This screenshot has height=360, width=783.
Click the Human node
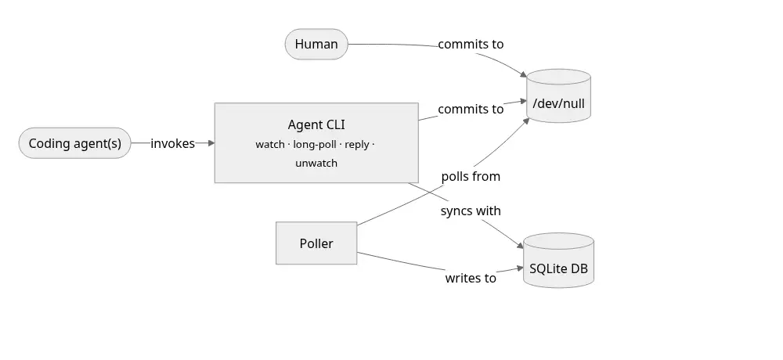316,44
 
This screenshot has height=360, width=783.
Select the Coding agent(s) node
75,143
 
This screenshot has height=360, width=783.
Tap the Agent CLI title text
316,124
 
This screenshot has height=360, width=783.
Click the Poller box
316,243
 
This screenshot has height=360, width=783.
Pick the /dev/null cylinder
558,95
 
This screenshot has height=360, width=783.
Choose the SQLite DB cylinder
558,260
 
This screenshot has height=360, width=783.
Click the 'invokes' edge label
172,143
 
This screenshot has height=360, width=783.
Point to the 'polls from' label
471,176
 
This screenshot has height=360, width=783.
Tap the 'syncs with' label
471,211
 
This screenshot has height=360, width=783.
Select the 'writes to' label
471,278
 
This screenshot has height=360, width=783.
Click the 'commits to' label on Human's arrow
471,44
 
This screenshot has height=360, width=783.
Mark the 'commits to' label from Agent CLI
471,109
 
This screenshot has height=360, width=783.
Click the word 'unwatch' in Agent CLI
316,164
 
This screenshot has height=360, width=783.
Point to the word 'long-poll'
315,144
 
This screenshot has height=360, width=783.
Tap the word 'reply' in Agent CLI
356,144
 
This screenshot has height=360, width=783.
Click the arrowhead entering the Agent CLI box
211,143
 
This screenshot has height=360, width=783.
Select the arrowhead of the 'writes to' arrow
520,268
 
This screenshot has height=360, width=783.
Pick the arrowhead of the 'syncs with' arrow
520,245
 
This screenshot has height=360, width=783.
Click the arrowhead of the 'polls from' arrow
526,121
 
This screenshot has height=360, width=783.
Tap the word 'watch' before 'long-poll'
269,144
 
